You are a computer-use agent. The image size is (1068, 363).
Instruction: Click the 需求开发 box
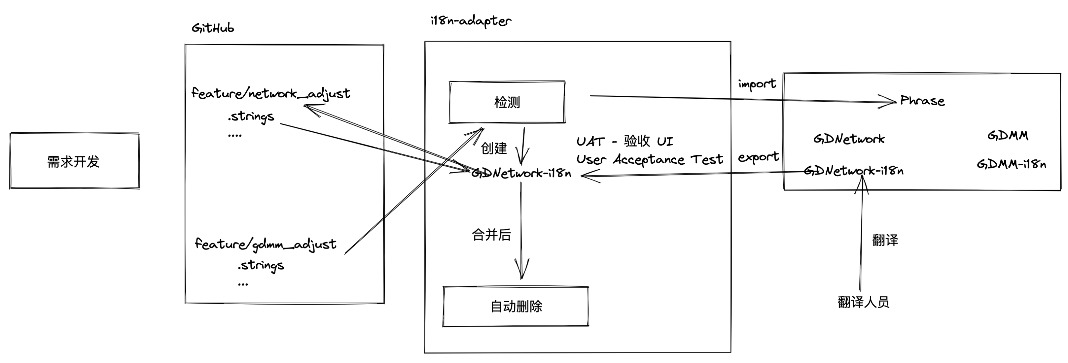(74, 161)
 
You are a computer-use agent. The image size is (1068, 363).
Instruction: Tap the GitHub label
(213, 28)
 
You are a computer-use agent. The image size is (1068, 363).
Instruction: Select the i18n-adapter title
(471, 21)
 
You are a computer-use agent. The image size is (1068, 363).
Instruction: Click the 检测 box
(507, 102)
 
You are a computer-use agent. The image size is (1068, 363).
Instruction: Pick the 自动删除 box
(516, 307)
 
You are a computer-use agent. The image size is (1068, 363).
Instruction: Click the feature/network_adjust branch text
(270, 94)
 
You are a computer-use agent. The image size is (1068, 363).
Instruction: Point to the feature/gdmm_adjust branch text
(265, 244)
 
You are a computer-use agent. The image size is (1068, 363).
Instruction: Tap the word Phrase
(922, 101)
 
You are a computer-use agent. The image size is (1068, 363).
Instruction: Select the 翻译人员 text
(863, 302)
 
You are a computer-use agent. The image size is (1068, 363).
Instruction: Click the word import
(757, 84)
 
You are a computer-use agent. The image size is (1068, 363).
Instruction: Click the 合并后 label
(491, 235)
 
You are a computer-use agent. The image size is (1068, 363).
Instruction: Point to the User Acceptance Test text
(649, 159)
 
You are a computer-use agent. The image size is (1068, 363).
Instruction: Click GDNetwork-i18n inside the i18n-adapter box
(521, 173)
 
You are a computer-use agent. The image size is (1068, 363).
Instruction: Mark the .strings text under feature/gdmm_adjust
(261, 265)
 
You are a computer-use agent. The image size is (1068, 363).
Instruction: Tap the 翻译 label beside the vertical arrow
(885, 240)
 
